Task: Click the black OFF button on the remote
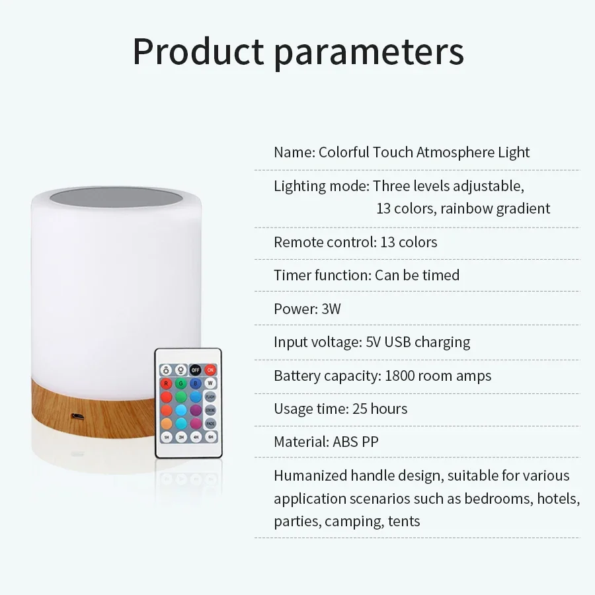point(196,370)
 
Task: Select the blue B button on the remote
point(196,383)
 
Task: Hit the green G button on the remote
point(180,383)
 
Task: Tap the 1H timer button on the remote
point(165,437)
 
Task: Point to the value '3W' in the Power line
point(331,309)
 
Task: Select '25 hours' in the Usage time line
point(379,409)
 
